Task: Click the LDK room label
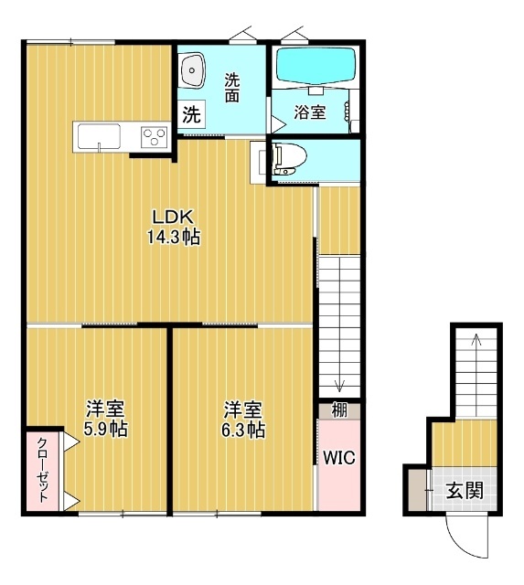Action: [173, 218]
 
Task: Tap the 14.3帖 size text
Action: [174, 237]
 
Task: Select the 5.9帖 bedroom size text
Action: [105, 429]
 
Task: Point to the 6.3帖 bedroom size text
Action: [243, 430]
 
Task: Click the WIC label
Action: [339, 457]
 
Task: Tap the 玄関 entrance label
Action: [465, 490]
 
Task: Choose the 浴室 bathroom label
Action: [310, 112]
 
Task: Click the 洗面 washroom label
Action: [231, 88]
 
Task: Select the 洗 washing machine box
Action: [191, 114]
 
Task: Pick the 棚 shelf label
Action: [339, 410]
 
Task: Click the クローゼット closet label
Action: [42, 470]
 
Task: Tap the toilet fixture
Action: [289, 160]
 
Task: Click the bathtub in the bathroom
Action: [315, 66]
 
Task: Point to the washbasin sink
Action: [193, 70]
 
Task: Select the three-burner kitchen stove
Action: [155, 136]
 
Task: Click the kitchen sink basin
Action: [99, 136]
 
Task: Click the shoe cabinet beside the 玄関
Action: [417, 490]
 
